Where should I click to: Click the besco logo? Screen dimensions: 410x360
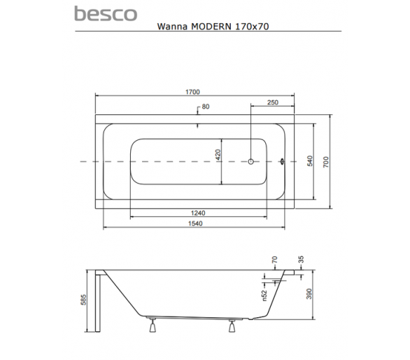pyautogui.click(x=106, y=13)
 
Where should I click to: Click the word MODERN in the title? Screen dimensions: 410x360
pyautogui.click(x=211, y=27)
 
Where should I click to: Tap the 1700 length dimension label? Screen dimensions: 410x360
pyautogui.click(x=192, y=92)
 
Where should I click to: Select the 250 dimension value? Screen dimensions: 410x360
pyautogui.click(x=273, y=102)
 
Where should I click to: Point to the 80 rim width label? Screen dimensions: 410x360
pyautogui.click(x=206, y=106)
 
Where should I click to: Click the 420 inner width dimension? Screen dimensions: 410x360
pyautogui.click(x=218, y=155)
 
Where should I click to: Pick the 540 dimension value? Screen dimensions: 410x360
pyautogui.click(x=309, y=161)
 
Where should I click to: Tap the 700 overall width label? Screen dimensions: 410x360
pyautogui.click(x=326, y=162)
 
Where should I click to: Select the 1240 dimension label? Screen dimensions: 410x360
pyautogui.click(x=198, y=213)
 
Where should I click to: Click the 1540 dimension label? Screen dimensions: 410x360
pyautogui.click(x=195, y=223)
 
